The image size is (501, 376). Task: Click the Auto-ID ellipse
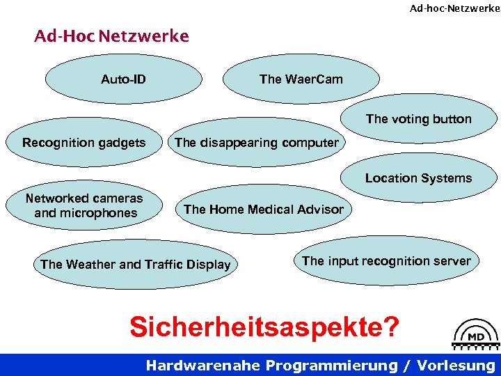tap(123, 79)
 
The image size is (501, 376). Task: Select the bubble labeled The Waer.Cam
tap(301, 79)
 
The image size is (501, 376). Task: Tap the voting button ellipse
tap(418, 119)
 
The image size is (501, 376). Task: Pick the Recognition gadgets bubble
tap(83, 143)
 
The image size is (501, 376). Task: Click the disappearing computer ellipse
tap(257, 143)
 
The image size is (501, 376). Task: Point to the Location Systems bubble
tap(418, 178)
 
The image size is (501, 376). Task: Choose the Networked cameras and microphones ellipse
tap(85, 205)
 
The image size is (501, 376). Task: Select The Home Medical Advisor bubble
tap(263, 209)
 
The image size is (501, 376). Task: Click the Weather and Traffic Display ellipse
tap(135, 265)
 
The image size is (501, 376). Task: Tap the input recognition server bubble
tap(386, 261)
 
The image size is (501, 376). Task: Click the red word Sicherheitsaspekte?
tap(265, 326)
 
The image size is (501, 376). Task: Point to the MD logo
tap(476, 335)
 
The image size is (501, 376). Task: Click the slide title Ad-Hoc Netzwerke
tap(111, 36)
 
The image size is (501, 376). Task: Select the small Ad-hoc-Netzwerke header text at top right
tap(454, 8)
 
